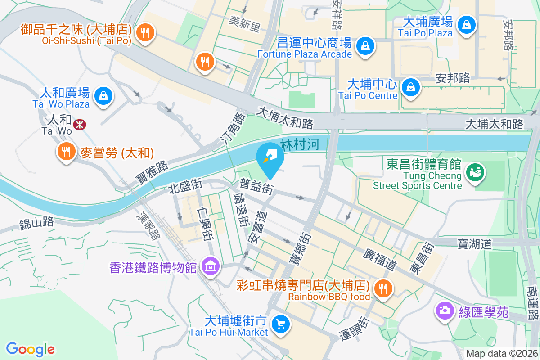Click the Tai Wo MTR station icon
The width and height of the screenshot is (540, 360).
coord(80,124)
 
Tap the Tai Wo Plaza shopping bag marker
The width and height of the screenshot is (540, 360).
coord(104,96)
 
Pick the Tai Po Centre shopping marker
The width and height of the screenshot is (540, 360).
coord(411,87)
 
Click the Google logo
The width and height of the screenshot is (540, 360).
coord(30,349)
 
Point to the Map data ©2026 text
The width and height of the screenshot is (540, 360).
coord(502,354)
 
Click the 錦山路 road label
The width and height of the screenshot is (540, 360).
coord(36,222)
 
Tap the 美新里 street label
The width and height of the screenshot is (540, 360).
coord(244,24)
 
